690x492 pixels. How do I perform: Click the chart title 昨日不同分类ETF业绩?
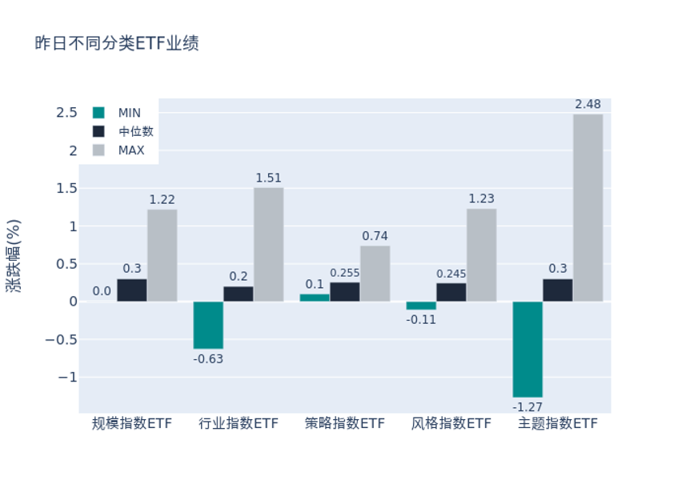click(117, 44)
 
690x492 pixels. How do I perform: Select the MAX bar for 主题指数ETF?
click(588, 208)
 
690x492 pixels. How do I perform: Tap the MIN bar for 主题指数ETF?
click(528, 350)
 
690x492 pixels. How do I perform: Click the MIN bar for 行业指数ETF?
click(208, 326)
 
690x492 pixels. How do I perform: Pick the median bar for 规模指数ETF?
click(132, 290)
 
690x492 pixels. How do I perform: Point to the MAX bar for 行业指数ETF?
click(268, 245)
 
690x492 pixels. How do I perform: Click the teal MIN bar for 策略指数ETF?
click(315, 298)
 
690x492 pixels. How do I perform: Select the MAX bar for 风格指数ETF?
click(481, 255)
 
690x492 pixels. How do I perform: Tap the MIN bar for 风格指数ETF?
click(421, 306)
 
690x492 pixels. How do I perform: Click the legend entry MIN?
click(129, 113)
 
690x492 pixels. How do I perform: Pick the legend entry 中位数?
click(135, 131)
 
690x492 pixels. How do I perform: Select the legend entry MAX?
click(131, 150)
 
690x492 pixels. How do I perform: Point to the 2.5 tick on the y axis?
click(66, 113)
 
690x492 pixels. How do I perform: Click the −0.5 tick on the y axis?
click(61, 339)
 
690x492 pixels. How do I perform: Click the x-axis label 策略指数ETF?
click(345, 423)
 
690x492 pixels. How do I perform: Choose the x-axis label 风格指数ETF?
click(451, 423)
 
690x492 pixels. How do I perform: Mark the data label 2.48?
click(588, 105)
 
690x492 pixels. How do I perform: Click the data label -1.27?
click(528, 406)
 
